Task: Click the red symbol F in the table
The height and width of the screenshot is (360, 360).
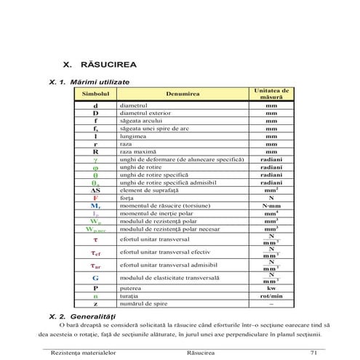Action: (95, 198)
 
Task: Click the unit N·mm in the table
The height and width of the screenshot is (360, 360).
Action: (271, 206)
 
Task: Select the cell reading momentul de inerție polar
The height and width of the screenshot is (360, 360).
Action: (154, 213)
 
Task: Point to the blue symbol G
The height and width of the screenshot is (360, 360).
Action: (95, 278)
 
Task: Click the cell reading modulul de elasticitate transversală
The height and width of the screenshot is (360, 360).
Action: (172, 278)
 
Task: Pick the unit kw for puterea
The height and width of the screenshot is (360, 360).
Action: (271, 289)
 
